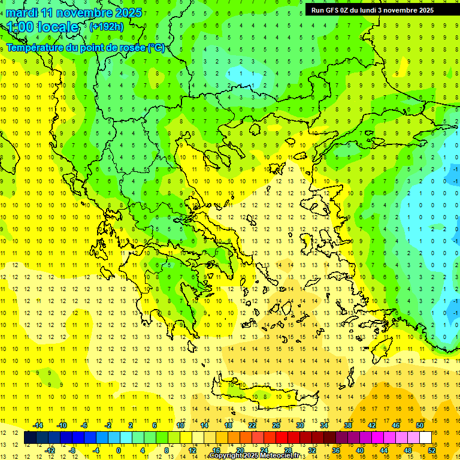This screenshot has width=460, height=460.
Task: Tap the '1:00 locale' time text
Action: pyautogui.click(x=43, y=27)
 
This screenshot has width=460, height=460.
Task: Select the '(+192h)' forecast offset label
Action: pyautogui.click(x=106, y=26)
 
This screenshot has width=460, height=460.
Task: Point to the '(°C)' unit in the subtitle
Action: pyautogui.click(x=156, y=47)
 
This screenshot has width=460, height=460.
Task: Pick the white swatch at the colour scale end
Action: pyautogui.click(x=426, y=438)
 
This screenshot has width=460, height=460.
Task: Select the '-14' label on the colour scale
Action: pyautogui.click(x=37, y=425)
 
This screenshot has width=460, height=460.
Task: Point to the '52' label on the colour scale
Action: pyautogui.click(x=432, y=450)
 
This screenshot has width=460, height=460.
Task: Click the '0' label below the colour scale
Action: pyautogui.click(x=118, y=450)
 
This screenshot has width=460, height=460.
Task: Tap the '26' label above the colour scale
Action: pyautogui.click(x=276, y=425)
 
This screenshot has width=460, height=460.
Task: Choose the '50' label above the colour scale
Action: pyautogui.click(x=419, y=425)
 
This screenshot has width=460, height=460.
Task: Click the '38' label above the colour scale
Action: pyautogui.click(x=347, y=425)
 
